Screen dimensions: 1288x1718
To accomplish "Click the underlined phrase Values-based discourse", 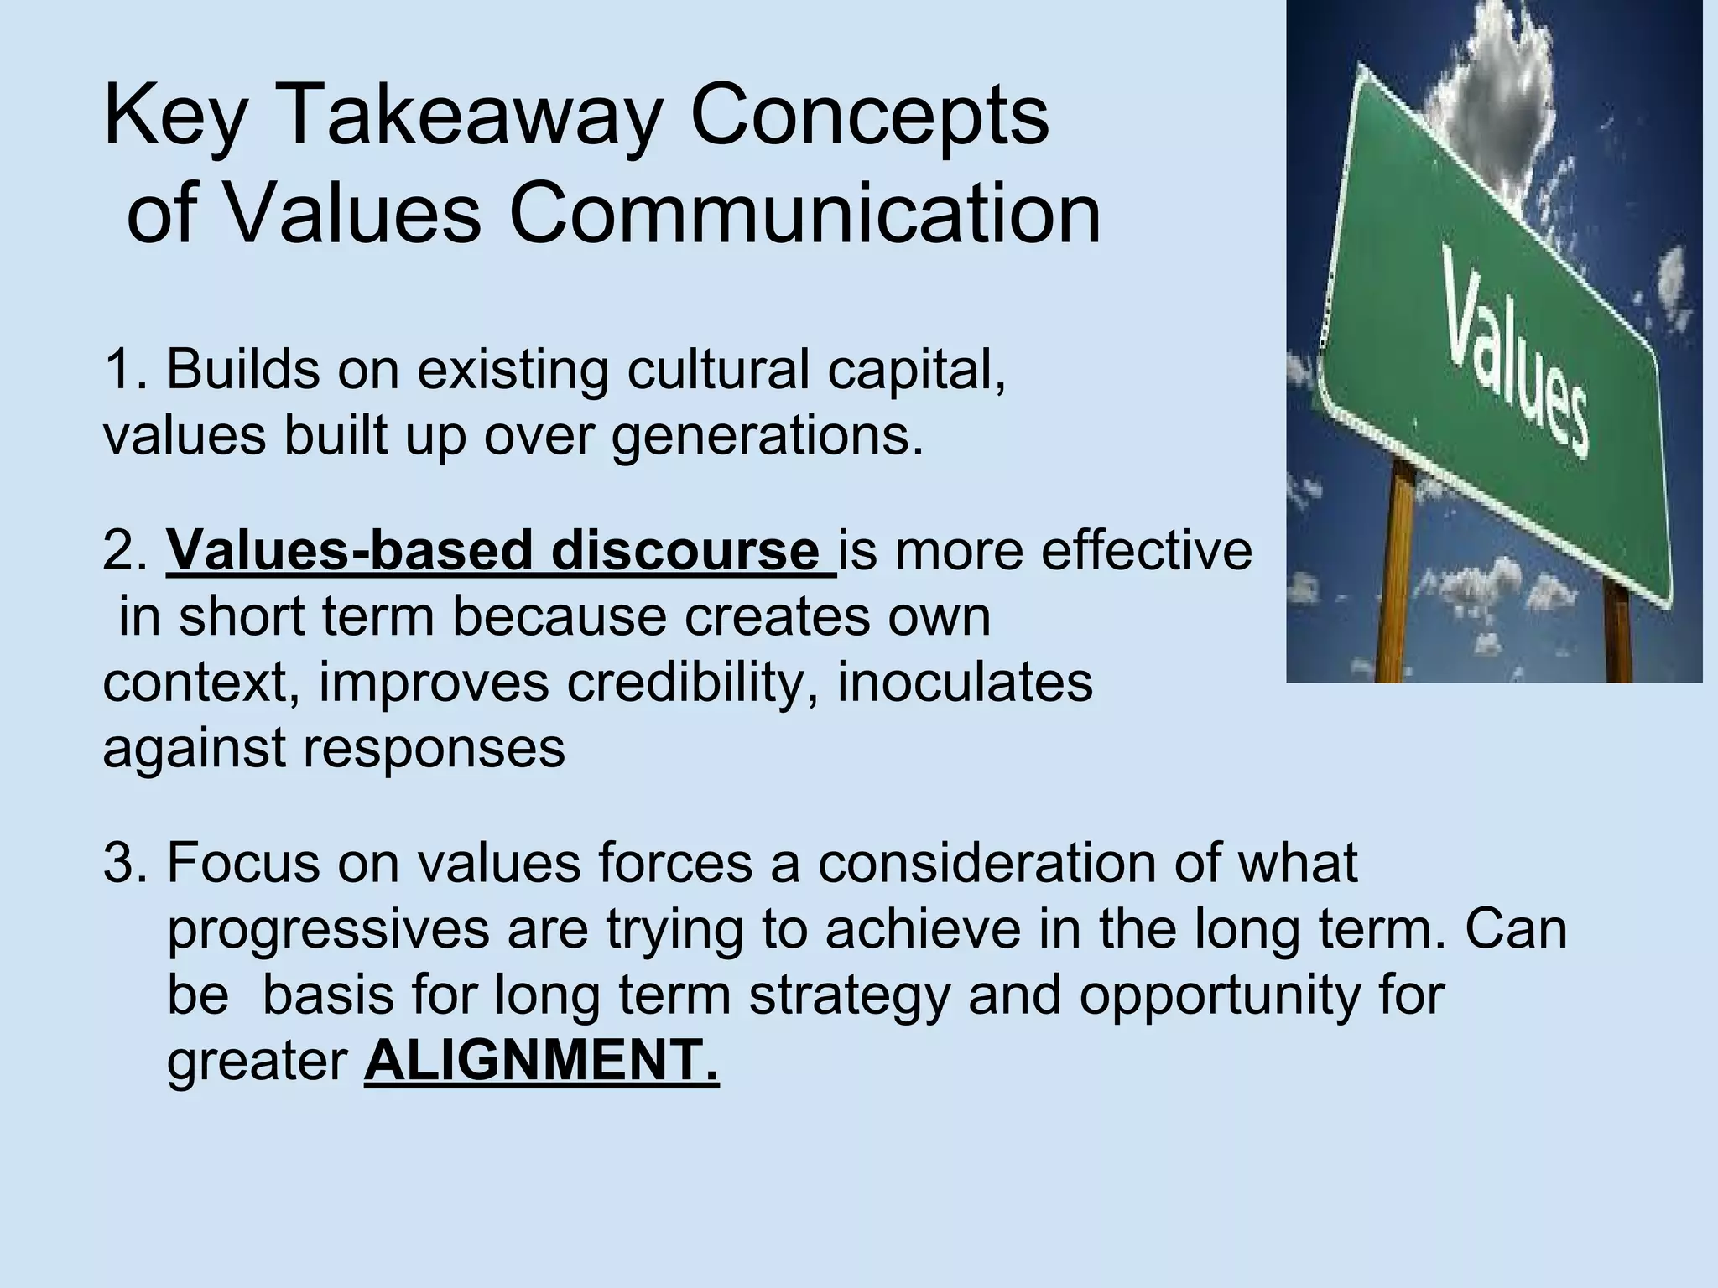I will point(500,552).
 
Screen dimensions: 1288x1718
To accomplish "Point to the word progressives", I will point(327,931).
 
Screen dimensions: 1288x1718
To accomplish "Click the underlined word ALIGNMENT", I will point(541,1061).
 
